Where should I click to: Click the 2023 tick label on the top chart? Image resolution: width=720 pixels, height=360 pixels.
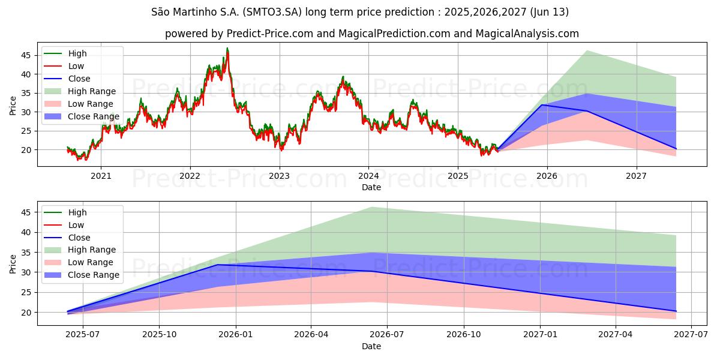tap(279, 176)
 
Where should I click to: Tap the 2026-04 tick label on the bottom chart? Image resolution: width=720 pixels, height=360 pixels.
tap(311, 334)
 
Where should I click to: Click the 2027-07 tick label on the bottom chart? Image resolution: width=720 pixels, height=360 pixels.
tap(691, 334)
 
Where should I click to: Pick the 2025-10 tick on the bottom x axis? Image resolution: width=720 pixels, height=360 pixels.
tap(159, 334)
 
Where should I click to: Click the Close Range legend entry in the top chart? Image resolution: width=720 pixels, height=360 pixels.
tap(93, 116)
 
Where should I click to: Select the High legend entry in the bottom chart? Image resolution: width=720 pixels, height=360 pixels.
tap(77, 212)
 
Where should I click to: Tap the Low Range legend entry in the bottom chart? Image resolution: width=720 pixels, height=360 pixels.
tap(90, 262)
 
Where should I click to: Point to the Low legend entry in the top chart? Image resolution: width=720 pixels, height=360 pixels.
tap(76, 66)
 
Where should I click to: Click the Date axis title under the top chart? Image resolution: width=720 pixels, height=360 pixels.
tap(371, 187)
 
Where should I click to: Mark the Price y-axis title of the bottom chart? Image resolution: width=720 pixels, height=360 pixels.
tap(13, 263)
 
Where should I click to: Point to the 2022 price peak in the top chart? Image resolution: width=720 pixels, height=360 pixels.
tap(227, 48)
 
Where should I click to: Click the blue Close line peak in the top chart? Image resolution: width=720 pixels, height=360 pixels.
tap(542, 105)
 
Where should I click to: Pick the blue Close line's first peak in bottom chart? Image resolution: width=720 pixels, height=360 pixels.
tap(217, 265)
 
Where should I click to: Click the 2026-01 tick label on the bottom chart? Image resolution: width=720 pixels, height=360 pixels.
tap(235, 334)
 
